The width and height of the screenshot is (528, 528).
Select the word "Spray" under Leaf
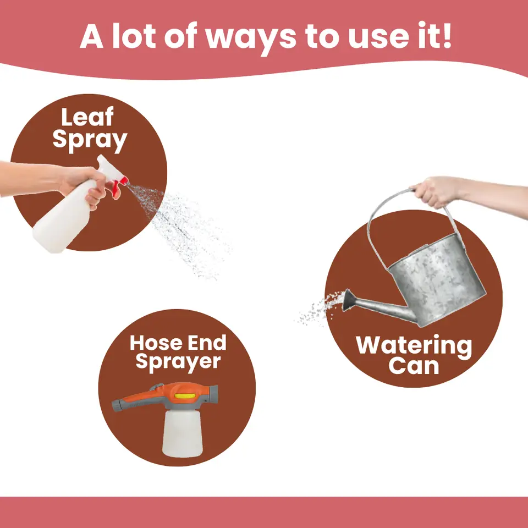(x=90, y=141)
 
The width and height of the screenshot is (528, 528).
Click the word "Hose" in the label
(x=156, y=343)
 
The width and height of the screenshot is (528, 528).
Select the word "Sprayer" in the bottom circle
(x=178, y=362)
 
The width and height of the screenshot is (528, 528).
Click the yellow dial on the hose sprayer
(x=185, y=396)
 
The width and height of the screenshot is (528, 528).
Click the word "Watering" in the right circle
(x=414, y=346)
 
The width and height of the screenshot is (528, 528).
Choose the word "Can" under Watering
(x=414, y=366)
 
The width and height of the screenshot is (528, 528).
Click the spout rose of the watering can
(x=349, y=300)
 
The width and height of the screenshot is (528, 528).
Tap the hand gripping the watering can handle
(x=435, y=192)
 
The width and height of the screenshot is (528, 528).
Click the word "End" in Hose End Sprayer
(x=207, y=343)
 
